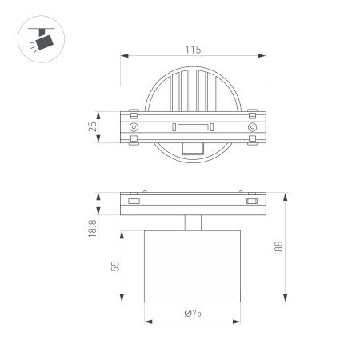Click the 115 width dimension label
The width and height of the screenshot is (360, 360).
(x=192, y=49)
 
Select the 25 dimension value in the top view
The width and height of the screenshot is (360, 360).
(x=93, y=126)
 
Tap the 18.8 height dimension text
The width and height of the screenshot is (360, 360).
(x=93, y=229)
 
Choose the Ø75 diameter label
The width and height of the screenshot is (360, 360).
(x=192, y=313)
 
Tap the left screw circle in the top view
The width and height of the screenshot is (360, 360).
(x=134, y=127)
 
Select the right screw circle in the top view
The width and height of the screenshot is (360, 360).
(x=252, y=127)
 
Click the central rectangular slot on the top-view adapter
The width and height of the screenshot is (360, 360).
(x=192, y=127)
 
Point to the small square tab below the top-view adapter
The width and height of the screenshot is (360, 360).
(x=192, y=148)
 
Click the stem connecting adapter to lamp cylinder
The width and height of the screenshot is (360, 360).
(x=192, y=223)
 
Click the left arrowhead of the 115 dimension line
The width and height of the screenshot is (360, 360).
(x=123, y=56)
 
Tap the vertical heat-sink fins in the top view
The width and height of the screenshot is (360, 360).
(x=192, y=88)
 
